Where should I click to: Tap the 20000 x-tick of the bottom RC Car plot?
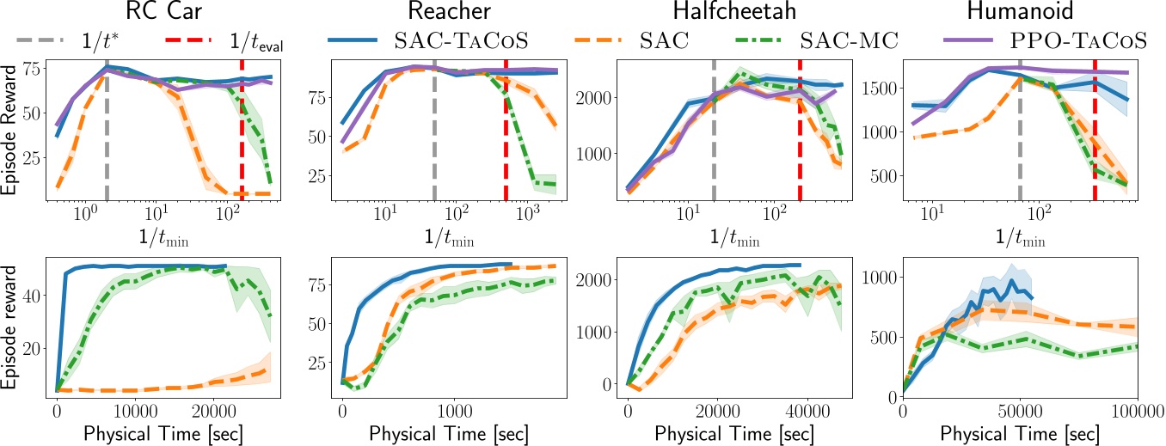point(214,411)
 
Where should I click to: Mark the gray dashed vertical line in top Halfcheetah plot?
point(714,129)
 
